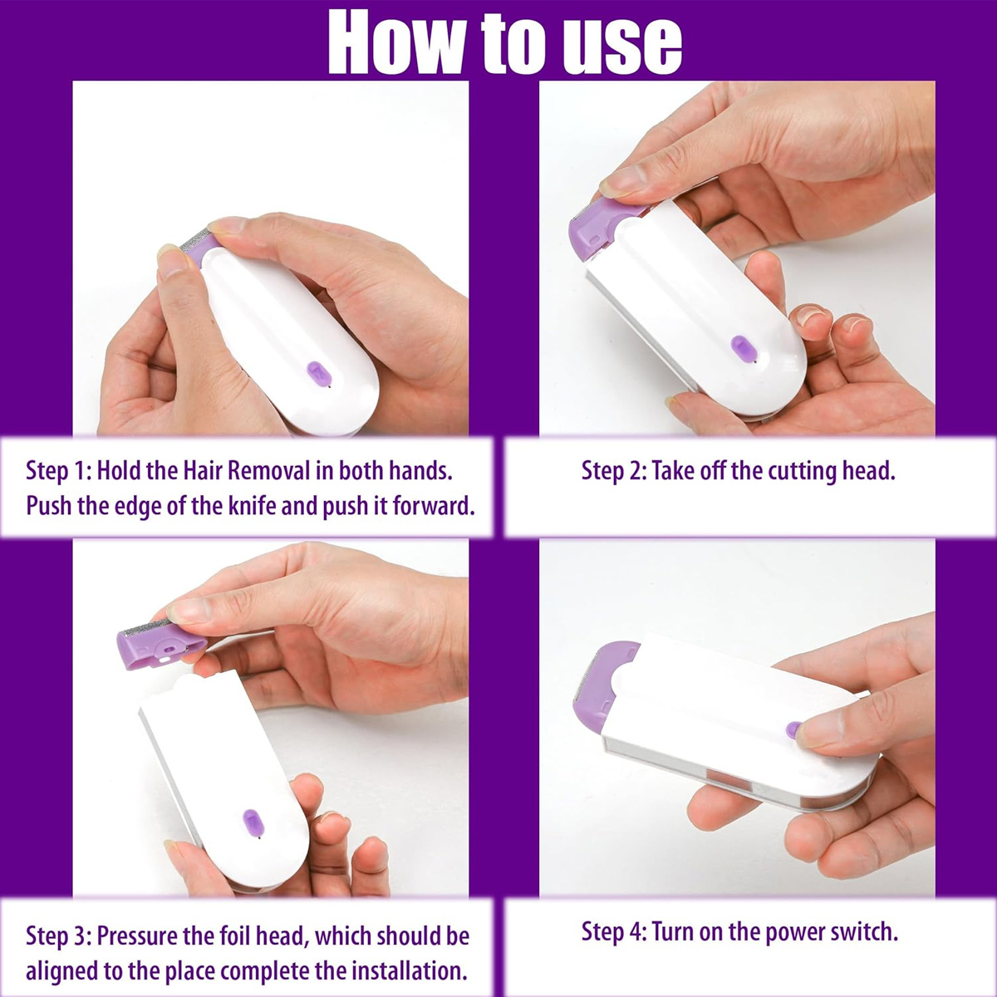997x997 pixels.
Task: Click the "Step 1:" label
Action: tap(58, 471)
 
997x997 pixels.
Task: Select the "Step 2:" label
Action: tap(614, 471)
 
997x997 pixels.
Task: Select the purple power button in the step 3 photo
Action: tap(253, 823)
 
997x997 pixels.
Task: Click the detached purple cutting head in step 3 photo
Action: tap(160, 646)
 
